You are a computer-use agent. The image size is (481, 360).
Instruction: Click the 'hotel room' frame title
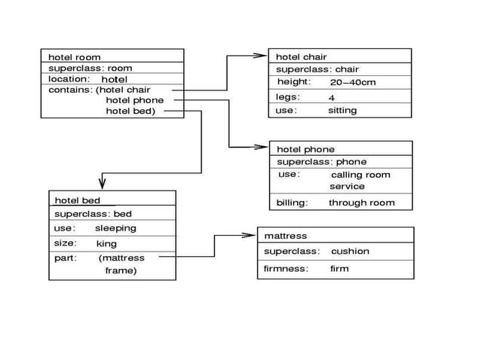74,57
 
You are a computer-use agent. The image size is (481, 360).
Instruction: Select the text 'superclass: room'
90,69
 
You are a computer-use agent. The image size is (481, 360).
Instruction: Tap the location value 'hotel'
115,79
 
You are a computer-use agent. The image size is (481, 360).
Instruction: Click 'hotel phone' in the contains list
134,100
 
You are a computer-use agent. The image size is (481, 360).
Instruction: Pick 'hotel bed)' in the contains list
130,111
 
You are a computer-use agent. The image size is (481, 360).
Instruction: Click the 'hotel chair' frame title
301,57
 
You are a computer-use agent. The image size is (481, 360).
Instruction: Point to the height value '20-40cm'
352,82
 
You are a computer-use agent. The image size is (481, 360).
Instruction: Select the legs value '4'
332,98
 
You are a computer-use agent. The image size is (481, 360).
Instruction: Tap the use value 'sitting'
342,111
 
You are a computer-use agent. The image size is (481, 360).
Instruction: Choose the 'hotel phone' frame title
305,149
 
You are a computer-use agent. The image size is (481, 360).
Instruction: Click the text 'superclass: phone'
322,162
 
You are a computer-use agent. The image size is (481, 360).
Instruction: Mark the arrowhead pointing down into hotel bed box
102,183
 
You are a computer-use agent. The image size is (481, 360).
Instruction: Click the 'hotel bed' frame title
77,200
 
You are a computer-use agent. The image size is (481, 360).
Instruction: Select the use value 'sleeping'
115,228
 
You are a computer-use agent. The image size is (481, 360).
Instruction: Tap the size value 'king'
106,244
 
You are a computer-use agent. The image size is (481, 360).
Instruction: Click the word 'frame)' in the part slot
121,270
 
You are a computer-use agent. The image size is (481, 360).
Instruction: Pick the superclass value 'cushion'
350,252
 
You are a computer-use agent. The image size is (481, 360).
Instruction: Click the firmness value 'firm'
339,269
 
